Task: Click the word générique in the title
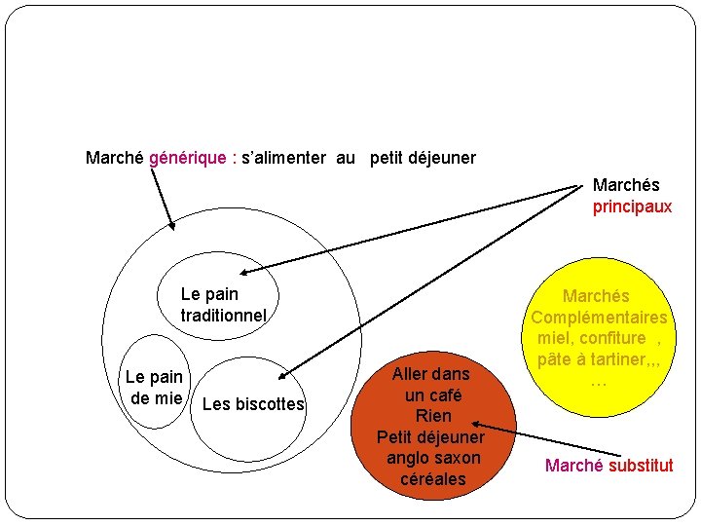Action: (x=185, y=158)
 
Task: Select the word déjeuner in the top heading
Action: (x=441, y=158)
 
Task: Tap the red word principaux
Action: (x=632, y=207)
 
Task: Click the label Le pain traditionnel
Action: (x=222, y=304)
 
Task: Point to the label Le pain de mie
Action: (x=154, y=387)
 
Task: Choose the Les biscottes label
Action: (x=253, y=404)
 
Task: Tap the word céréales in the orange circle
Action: (x=432, y=478)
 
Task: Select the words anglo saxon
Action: (x=432, y=458)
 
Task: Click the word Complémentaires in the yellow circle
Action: (x=599, y=318)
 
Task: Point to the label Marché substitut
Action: (x=609, y=465)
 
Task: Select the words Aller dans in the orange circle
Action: (x=430, y=374)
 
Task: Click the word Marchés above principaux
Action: (x=626, y=185)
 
